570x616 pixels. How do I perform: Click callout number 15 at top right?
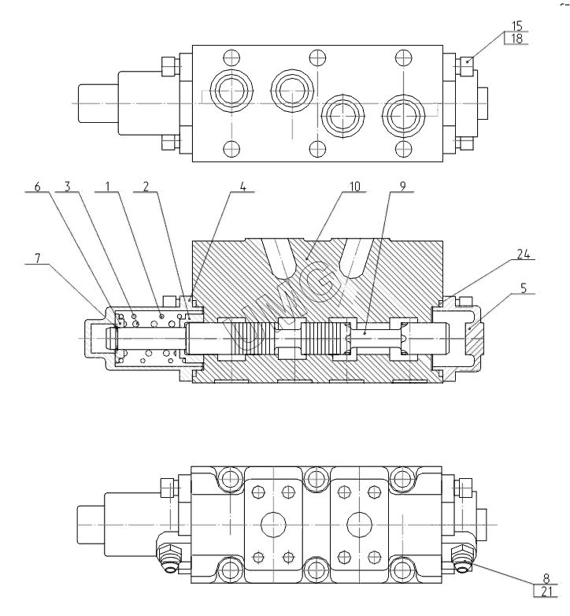(517, 26)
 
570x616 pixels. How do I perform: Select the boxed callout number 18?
(517, 39)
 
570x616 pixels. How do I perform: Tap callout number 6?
(37, 186)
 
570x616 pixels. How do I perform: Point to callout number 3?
(68, 186)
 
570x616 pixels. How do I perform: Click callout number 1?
(108, 186)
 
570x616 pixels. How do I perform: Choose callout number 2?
(146, 186)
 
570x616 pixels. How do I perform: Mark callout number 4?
(243, 186)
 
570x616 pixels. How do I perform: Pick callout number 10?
(354, 186)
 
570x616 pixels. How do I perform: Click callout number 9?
(402, 186)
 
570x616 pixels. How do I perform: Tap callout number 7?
(37, 258)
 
